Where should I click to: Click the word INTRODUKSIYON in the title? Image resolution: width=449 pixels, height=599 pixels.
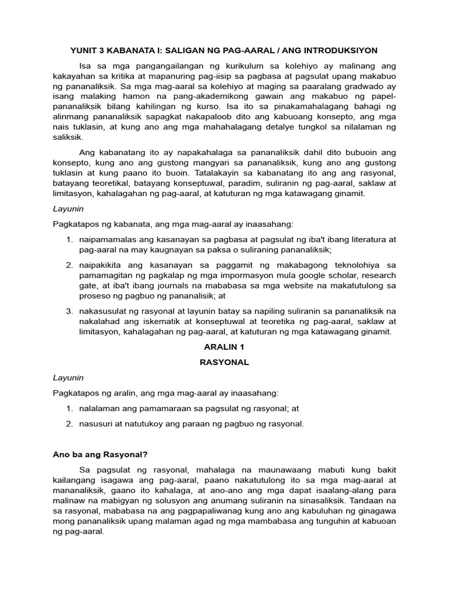[340, 50]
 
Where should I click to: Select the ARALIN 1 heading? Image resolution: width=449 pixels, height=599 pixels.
[224, 347]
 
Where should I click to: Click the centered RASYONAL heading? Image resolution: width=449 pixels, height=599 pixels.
[224, 362]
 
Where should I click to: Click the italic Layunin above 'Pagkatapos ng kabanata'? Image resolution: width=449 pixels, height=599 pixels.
[68, 208]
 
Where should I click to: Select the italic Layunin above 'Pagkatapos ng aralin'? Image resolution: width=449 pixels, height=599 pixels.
[68, 378]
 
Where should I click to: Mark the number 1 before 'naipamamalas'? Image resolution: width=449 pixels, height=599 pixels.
[68, 239]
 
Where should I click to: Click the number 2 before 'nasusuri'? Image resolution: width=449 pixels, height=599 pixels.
[68, 424]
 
